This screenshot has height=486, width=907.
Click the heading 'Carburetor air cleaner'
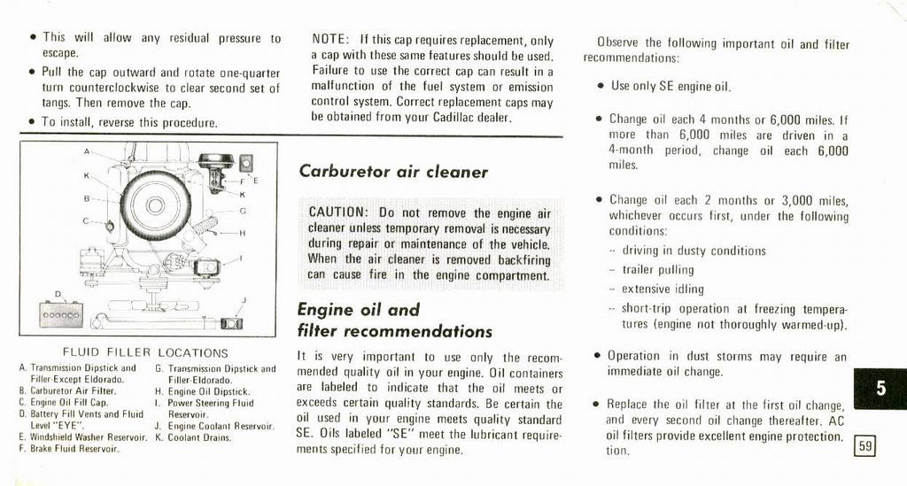[x=392, y=172]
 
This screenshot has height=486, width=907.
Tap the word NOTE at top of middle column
[x=329, y=40]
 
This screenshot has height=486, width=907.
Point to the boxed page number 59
[x=864, y=447]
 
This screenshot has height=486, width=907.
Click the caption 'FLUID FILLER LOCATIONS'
[x=145, y=352]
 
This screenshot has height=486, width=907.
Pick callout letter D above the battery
[x=58, y=294]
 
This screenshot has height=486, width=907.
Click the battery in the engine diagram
[x=62, y=314]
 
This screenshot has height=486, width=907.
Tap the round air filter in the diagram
[x=155, y=205]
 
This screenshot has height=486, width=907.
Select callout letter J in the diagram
[x=244, y=301]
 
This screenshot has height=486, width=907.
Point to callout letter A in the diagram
[x=87, y=151]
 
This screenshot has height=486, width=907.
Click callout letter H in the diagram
[x=243, y=234]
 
